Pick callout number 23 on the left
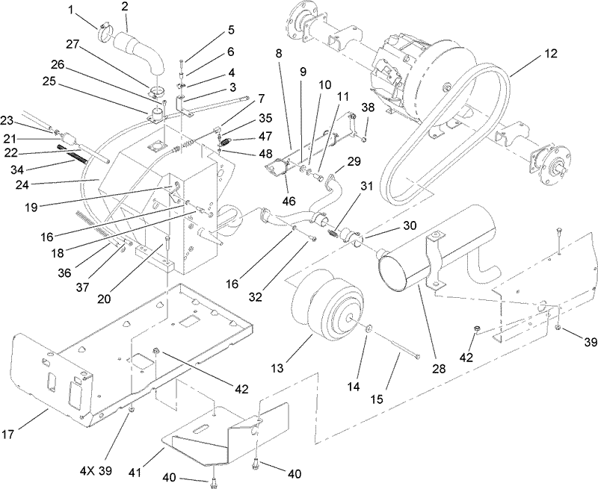7,119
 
